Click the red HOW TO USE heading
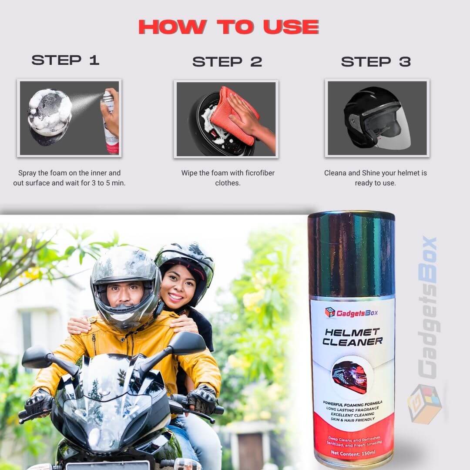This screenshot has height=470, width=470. [x=228, y=27]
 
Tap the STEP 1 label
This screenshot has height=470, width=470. [x=66, y=60]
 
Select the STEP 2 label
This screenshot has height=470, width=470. [x=227, y=62]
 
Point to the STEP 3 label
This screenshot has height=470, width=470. [x=376, y=62]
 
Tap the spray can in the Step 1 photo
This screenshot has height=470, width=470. [x=110, y=124]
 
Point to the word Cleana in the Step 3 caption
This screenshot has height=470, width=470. [x=335, y=173]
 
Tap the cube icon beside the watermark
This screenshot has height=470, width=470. [x=424, y=403]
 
